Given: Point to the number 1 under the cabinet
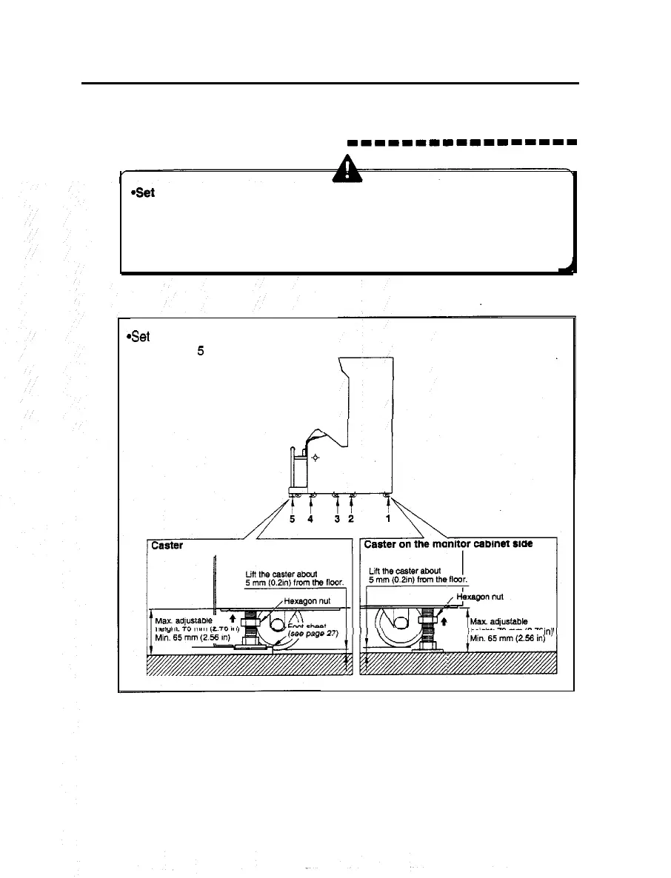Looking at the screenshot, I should pyautogui.click(x=388, y=519).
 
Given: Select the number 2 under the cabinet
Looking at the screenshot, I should pyautogui.click(x=352, y=519).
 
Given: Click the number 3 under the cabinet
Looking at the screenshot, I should pyautogui.click(x=337, y=519).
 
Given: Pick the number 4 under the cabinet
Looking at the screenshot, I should pyautogui.click(x=311, y=519).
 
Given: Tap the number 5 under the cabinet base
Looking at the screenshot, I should pyautogui.click(x=293, y=519).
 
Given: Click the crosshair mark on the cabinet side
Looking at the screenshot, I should pyautogui.click(x=316, y=458).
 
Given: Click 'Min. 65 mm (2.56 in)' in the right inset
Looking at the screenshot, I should pyautogui.click(x=510, y=635).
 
